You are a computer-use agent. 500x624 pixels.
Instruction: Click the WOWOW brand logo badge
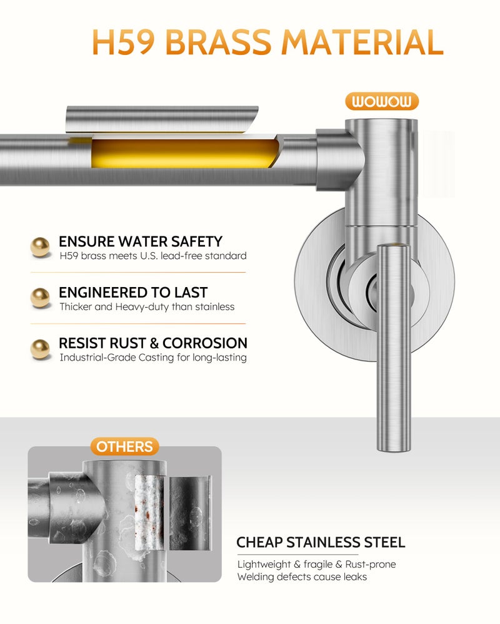click(382, 101)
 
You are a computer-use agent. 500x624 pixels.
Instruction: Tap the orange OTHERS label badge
click(124, 447)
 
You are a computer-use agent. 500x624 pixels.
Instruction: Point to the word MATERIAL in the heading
click(362, 42)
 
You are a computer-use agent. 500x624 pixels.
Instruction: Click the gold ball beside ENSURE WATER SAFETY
click(40, 247)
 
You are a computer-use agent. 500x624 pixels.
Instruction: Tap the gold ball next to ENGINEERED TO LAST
click(40, 298)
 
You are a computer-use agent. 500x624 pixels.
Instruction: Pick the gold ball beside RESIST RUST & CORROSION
click(40, 349)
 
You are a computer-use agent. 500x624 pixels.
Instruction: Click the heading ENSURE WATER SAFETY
click(141, 241)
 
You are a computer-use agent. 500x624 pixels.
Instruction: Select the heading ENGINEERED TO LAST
click(133, 293)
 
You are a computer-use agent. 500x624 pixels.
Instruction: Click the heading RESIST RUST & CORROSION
click(153, 343)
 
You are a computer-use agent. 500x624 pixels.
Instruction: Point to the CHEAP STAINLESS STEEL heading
click(321, 542)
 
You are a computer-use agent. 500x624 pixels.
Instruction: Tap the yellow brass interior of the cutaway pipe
click(183, 154)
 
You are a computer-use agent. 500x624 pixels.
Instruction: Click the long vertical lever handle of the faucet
click(394, 348)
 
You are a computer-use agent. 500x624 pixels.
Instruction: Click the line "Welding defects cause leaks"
click(302, 577)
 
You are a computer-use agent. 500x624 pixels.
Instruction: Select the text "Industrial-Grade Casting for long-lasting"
click(153, 358)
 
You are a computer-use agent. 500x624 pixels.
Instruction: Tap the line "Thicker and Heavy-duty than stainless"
click(147, 307)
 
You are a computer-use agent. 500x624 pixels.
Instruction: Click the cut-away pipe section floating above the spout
click(161, 119)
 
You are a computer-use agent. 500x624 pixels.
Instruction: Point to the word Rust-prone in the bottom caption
click(371, 564)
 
